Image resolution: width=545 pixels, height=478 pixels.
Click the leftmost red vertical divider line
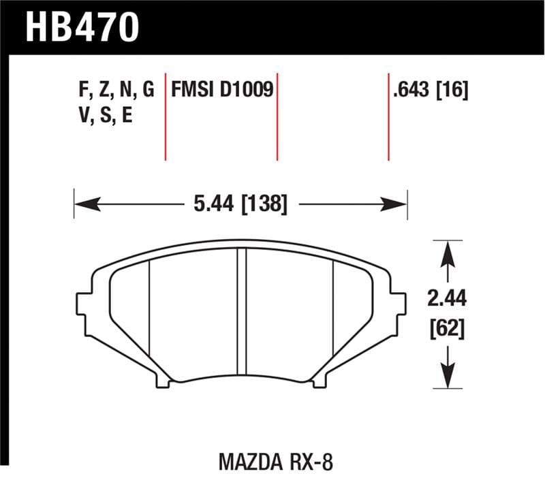pyautogui.click(x=166, y=116)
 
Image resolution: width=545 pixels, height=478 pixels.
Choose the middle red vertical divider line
pyautogui.click(x=277, y=116)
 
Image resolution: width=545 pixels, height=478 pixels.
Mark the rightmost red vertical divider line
pyautogui.click(x=388, y=116)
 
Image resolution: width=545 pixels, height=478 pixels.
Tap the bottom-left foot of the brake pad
pyautogui.click(x=163, y=382)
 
